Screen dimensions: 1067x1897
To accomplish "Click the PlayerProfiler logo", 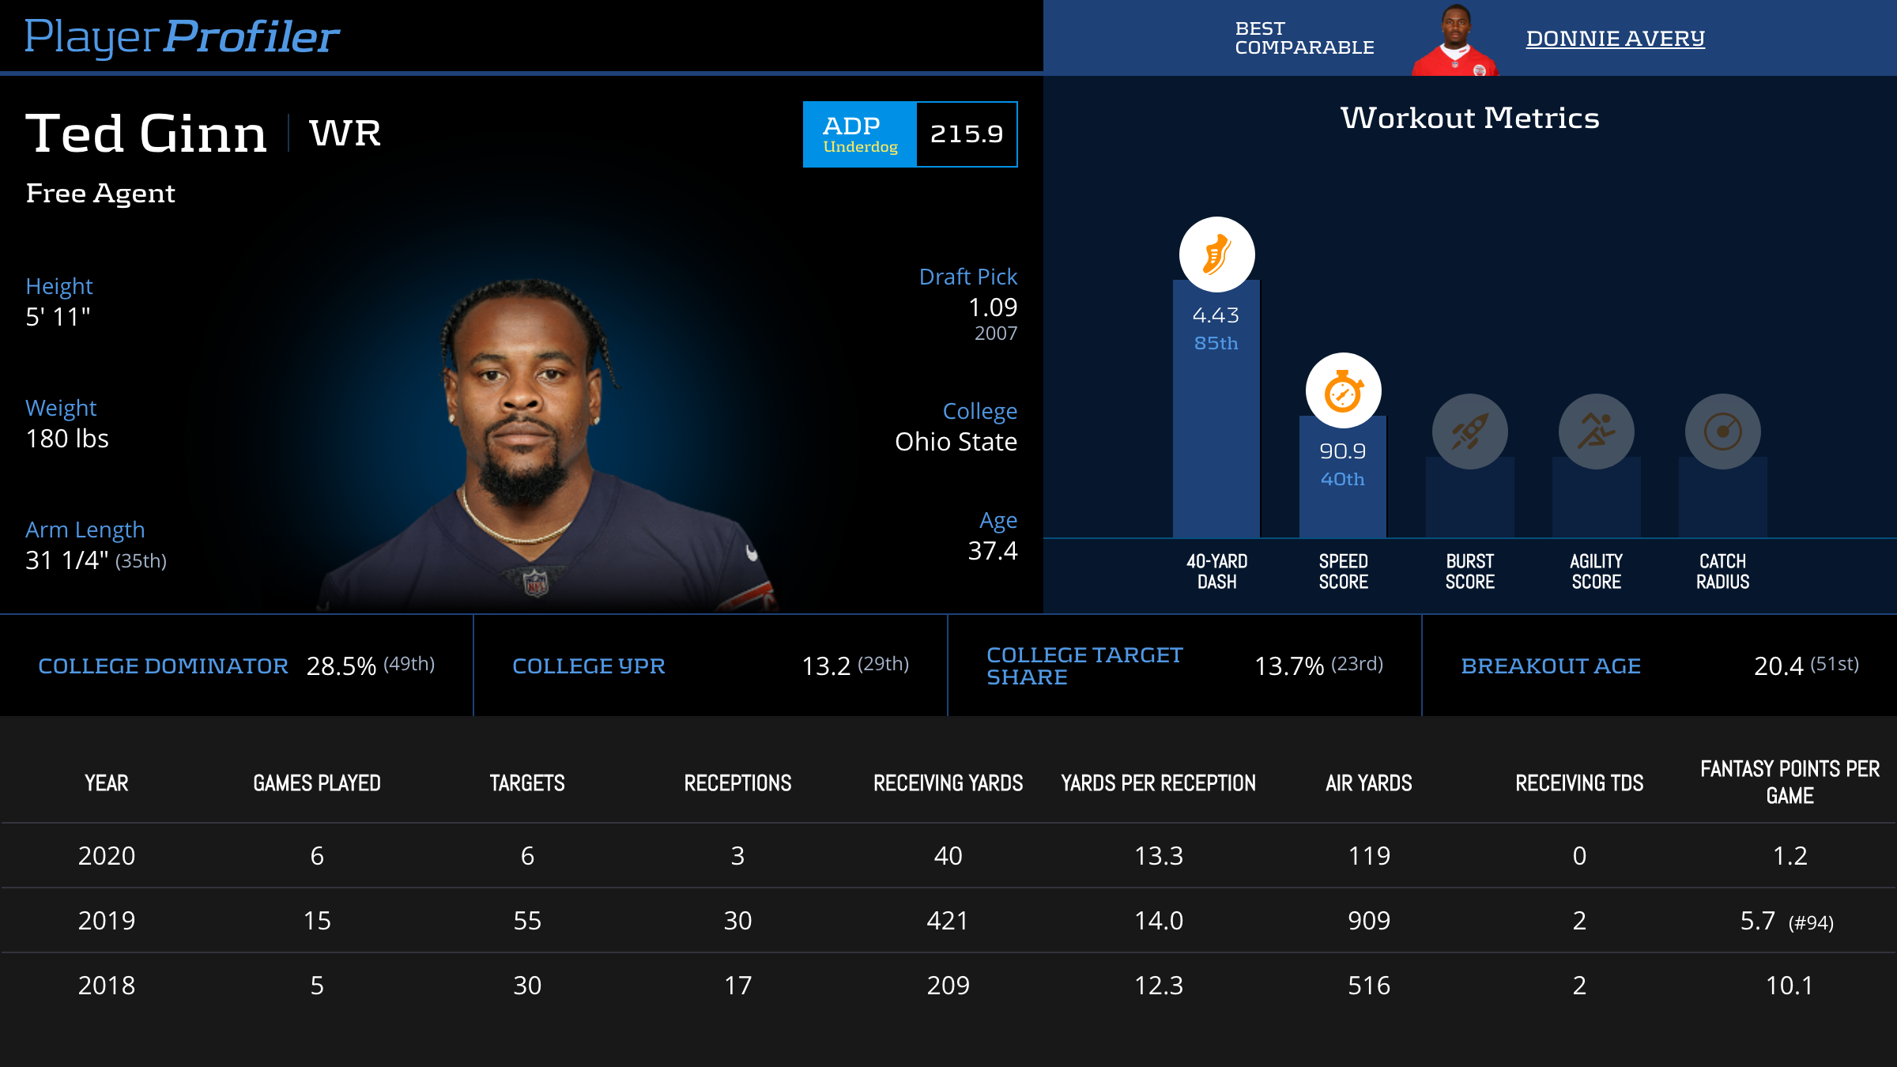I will pyautogui.click(x=182, y=36).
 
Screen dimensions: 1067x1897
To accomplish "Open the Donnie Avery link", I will pyautogui.click(x=1615, y=38).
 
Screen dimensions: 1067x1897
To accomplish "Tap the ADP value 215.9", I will pyautogui.click(x=966, y=134).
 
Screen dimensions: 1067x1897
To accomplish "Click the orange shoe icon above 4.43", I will pyautogui.click(x=1216, y=254).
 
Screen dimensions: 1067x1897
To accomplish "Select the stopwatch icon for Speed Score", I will pyautogui.click(x=1343, y=390).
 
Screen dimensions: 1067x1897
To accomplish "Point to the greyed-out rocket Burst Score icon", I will pyautogui.click(x=1469, y=432).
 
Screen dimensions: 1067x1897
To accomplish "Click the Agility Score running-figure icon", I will pyautogui.click(x=1596, y=432).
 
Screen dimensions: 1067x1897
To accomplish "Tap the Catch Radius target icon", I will pyautogui.click(x=1722, y=432).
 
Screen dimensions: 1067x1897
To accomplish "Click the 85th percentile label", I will pyautogui.click(x=1216, y=343).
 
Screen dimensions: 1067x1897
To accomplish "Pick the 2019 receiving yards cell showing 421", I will pyautogui.click(x=948, y=921).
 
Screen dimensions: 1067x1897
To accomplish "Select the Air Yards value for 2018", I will pyautogui.click(x=1368, y=986).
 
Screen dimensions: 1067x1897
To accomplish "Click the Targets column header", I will pyautogui.click(x=527, y=783).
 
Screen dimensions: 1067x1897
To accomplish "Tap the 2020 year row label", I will pyautogui.click(x=107, y=856).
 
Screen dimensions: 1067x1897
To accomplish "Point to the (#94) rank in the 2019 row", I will pyautogui.click(x=1811, y=922).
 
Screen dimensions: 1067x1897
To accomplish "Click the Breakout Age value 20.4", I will pyautogui.click(x=1778, y=666).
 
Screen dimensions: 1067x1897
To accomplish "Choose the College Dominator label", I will pyautogui.click(x=163, y=666).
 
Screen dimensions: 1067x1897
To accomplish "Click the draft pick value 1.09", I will pyautogui.click(x=993, y=307).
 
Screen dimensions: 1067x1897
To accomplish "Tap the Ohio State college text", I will pyautogui.click(x=956, y=442).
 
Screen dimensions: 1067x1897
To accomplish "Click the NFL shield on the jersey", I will pyautogui.click(x=536, y=583).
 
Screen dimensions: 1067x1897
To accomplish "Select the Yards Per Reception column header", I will pyautogui.click(x=1158, y=783).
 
